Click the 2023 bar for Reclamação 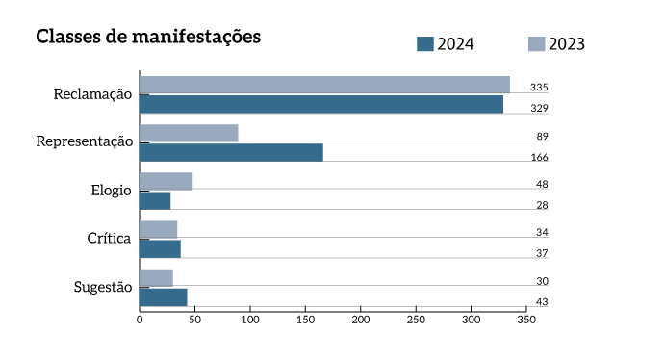pyautogui.click(x=324, y=85)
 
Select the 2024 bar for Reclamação pyautogui.click(x=321, y=104)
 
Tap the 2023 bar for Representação pyautogui.click(x=189, y=133)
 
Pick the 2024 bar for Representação pyautogui.click(x=231, y=152)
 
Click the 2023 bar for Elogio pyautogui.click(x=166, y=181)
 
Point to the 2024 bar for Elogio pyautogui.click(x=155, y=200)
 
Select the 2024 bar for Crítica pyautogui.click(x=160, y=248)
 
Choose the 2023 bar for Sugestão pyautogui.click(x=156, y=277)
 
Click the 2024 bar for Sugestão pyautogui.click(x=163, y=296)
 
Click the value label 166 pyautogui.click(x=539, y=157)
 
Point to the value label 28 pyautogui.click(x=542, y=205)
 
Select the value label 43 pyautogui.click(x=542, y=301)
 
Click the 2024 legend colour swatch pyautogui.click(x=424, y=43)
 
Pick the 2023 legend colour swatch pyautogui.click(x=537, y=43)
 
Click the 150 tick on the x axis pyautogui.click(x=305, y=320)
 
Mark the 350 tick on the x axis pyautogui.click(x=525, y=320)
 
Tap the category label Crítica pyautogui.click(x=109, y=238)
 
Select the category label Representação pyautogui.click(x=85, y=141)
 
